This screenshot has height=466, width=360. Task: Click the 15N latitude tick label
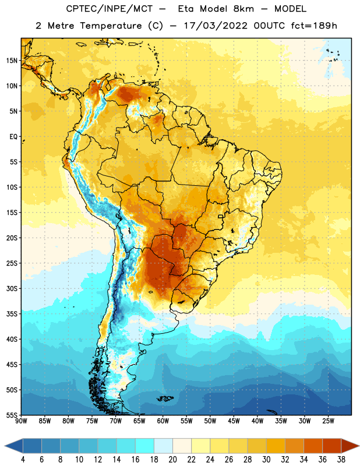coord(12,61)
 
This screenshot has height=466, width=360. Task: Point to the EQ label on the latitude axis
coord(13,137)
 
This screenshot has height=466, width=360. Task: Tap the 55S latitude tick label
coord(12,415)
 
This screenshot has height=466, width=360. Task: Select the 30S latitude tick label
coord(12,288)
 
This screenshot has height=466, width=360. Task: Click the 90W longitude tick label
coord(21,421)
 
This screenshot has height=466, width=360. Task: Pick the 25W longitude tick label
coord(328,421)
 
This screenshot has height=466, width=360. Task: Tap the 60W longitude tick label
coord(163,421)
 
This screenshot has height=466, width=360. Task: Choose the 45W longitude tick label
coord(234,421)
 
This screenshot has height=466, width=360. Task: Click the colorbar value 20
coord(172,460)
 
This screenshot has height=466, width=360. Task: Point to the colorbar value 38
coord(341,460)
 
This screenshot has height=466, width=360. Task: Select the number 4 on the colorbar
coord(23,460)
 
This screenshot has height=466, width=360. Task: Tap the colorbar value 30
coord(266,460)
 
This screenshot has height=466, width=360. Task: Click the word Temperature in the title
coord(111,26)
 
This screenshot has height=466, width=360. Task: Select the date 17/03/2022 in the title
coord(216,26)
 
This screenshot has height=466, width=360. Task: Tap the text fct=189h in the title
coord(314,26)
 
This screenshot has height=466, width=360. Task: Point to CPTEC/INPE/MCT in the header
coord(109,9)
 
